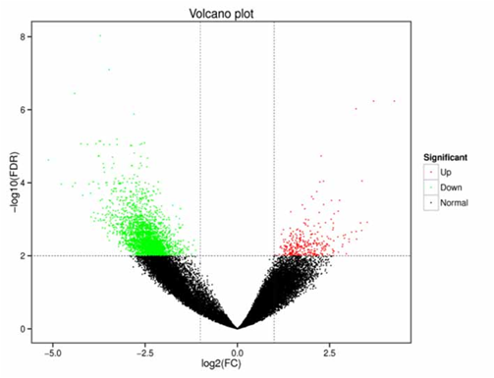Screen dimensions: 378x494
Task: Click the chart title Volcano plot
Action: tap(221, 11)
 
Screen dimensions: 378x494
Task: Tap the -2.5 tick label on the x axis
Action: tap(144, 349)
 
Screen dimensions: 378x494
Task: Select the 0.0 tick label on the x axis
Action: tap(237, 349)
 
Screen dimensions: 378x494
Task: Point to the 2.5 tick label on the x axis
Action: tap(328, 349)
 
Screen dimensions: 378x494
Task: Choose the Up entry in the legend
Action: tap(446, 173)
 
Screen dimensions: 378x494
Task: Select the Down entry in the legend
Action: tap(450, 188)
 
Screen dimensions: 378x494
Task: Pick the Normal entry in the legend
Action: tap(453, 202)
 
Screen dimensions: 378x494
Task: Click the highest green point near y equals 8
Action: tap(99, 35)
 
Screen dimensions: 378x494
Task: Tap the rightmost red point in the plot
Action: tap(394, 101)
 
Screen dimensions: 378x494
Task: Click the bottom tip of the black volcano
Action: tap(237, 328)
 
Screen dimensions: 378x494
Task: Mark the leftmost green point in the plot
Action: tap(48, 159)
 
